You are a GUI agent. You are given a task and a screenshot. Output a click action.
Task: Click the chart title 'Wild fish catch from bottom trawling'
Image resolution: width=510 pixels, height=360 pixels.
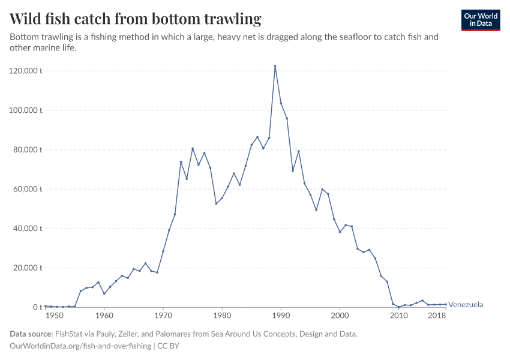coord(136,19)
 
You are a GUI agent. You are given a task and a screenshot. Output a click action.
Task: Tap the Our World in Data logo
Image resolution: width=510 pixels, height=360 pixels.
coord(480,20)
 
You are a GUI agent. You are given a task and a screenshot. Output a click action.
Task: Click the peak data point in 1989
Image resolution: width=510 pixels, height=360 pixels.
coord(275,66)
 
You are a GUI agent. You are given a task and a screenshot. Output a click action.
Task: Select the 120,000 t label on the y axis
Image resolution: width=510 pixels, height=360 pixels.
coord(26,71)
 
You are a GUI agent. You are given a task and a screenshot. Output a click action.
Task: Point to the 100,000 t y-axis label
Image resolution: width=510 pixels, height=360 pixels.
coord(26,110)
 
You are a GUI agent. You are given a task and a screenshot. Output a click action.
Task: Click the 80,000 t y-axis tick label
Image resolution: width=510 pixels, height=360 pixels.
coord(28,149)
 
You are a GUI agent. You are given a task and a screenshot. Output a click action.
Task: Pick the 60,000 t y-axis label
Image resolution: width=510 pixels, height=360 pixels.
coord(28,189)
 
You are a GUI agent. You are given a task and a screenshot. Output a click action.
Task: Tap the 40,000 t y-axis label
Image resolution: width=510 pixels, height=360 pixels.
coord(28,229)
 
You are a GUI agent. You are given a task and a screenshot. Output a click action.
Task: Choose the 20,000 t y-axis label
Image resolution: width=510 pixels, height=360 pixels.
coord(28,268)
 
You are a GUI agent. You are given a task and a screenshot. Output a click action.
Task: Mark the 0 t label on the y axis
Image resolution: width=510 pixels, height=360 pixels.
coord(37,307)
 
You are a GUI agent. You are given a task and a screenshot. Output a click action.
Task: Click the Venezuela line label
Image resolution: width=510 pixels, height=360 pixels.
coord(466,305)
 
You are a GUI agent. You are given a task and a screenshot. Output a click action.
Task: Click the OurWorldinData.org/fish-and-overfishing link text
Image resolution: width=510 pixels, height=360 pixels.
coord(80,346)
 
